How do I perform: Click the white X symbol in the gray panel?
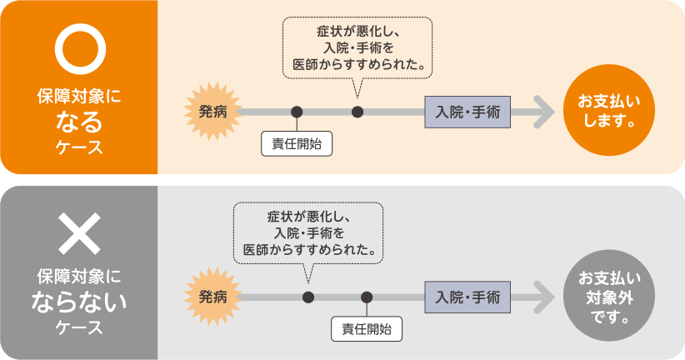pos(78,234)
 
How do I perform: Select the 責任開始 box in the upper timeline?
pos(296,143)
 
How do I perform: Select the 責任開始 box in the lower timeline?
pos(366,328)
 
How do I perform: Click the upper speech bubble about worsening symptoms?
pos(359,47)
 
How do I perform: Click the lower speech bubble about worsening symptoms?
pos(308,232)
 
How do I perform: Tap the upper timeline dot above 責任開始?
pos(296,111)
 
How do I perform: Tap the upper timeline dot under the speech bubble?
pos(358,111)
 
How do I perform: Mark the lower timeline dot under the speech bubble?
pos(308,297)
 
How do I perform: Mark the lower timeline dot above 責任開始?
pos(366,297)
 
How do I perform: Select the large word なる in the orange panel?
pos(78,122)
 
